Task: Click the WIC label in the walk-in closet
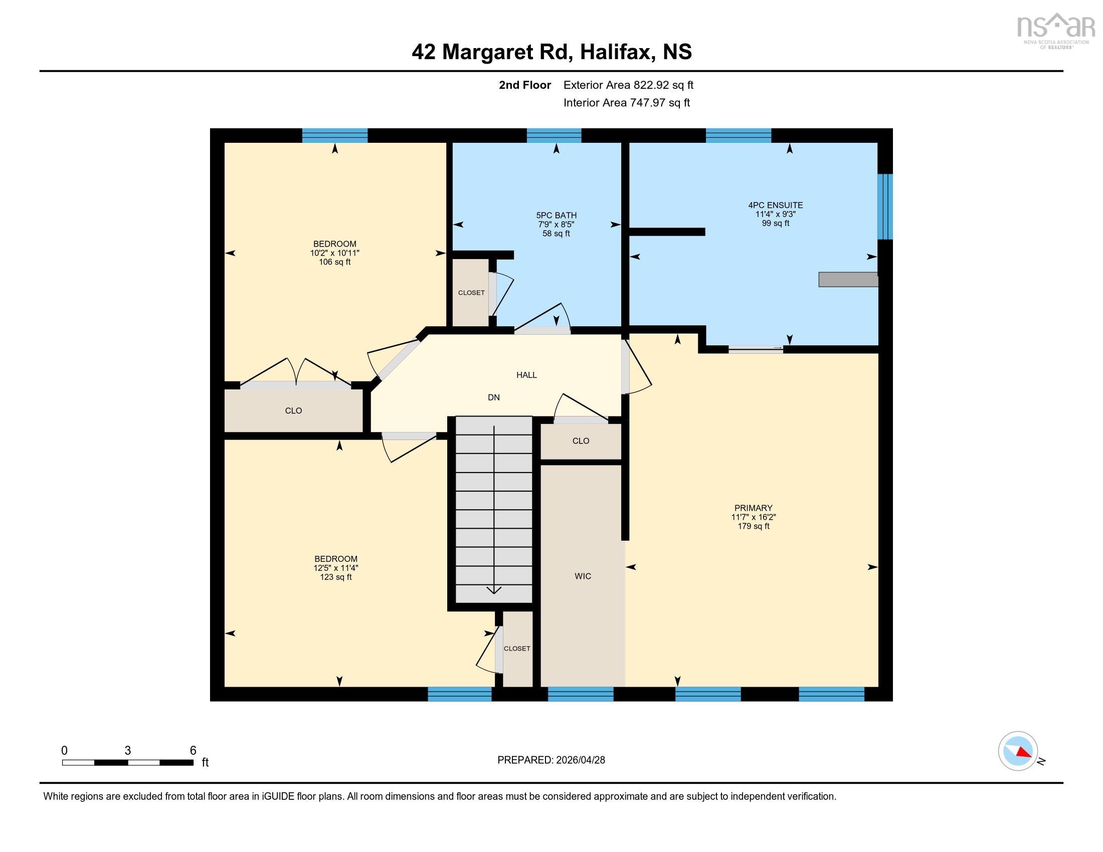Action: pos(582,576)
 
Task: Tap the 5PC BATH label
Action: pos(556,215)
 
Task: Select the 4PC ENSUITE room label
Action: pos(775,205)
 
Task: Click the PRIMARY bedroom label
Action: pos(753,508)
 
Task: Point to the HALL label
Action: pos(526,375)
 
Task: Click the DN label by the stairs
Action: pos(493,398)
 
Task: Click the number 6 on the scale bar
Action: pos(193,751)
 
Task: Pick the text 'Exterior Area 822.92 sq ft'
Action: pos(628,85)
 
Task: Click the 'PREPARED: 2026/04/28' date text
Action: pos(551,760)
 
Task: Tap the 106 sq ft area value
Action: pos(334,262)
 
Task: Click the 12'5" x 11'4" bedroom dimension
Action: pos(336,568)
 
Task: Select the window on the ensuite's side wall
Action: pos(885,206)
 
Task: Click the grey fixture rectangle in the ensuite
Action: pos(848,280)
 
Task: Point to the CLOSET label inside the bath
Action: pos(471,293)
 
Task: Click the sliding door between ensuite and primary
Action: pos(756,348)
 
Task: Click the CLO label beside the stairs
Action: pos(580,441)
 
